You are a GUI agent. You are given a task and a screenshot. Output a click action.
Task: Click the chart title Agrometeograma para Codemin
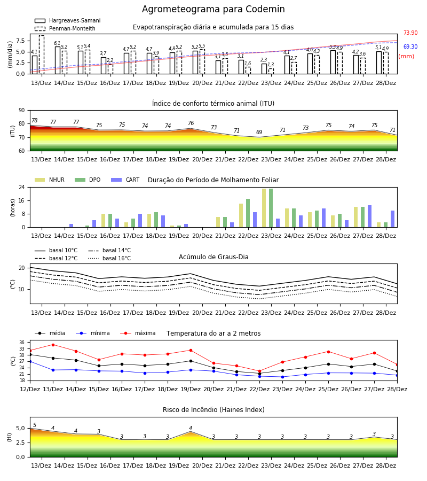(213, 9)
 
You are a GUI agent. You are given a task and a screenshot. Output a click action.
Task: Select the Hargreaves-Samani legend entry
(68, 20)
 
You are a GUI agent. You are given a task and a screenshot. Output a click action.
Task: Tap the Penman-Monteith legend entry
(65, 28)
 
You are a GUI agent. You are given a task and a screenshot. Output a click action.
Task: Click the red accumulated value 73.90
(410, 33)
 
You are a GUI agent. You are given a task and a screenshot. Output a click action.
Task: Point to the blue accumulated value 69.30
(410, 46)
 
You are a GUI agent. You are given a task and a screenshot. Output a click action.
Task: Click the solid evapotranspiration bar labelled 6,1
(58, 60)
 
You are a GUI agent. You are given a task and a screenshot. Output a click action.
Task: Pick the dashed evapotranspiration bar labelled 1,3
(271, 71)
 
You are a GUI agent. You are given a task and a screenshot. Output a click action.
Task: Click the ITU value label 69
(259, 132)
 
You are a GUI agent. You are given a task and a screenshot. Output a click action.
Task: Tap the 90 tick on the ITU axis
(22, 111)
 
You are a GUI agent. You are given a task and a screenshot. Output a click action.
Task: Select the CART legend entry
(125, 180)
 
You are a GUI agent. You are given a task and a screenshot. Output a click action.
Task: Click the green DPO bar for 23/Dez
(271, 208)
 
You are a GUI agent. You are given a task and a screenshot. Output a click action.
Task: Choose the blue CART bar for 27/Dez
(370, 216)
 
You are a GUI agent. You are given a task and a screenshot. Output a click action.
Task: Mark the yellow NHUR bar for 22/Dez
(241, 215)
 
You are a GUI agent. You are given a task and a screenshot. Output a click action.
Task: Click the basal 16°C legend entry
(109, 258)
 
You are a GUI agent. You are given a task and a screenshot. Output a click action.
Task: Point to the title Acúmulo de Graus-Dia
(213, 257)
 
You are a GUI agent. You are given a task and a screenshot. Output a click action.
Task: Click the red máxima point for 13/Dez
(53, 345)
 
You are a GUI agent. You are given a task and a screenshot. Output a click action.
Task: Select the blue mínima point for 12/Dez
(30, 362)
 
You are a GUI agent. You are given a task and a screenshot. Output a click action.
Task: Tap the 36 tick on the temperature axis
(22, 343)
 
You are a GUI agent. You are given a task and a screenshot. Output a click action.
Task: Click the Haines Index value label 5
(35, 425)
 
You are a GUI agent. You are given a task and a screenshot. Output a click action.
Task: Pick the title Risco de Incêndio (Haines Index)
(213, 410)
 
